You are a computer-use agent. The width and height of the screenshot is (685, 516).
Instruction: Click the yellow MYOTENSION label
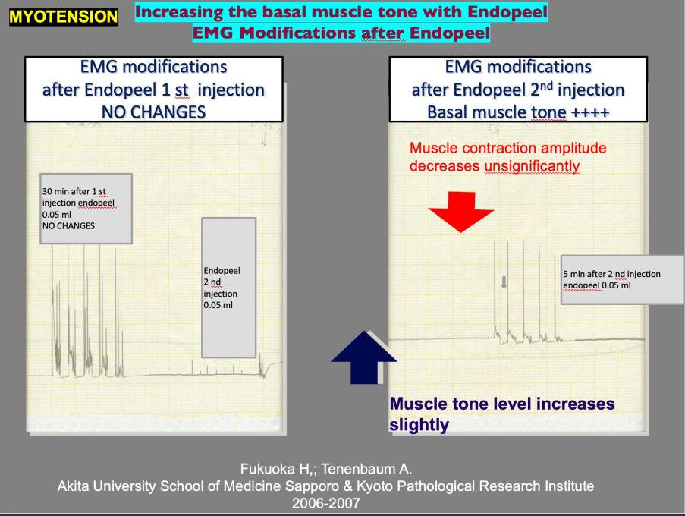coord(63,15)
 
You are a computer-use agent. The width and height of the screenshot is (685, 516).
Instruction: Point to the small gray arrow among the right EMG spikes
coord(504,282)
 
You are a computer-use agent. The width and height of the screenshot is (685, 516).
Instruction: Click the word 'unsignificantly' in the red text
coord(533,165)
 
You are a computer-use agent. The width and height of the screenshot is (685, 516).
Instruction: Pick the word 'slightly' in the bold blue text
coord(419,424)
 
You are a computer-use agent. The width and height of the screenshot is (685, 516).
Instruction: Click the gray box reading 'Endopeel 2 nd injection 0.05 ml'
coord(228,287)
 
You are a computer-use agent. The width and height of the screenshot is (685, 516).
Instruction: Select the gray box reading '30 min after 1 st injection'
coord(86,208)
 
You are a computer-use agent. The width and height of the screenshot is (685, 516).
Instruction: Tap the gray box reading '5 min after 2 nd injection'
coord(622,279)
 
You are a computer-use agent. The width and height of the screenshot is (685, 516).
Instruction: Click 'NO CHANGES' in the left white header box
coord(153,109)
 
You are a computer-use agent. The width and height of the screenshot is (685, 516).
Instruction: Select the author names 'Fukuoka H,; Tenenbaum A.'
coord(326,468)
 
